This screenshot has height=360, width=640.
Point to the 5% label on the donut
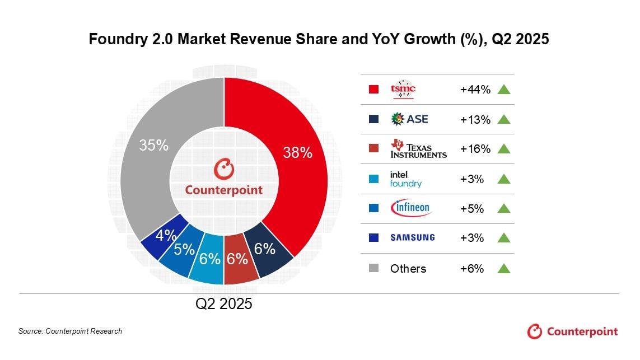tap(184, 250)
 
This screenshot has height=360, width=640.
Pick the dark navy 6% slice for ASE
tap(265, 249)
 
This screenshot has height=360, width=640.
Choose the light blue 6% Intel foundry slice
tap(209, 259)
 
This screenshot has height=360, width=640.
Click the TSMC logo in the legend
tap(403, 90)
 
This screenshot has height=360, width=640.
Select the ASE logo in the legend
tap(409, 119)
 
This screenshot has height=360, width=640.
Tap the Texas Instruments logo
tap(418, 148)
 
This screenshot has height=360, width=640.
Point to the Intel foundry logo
tap(406, 179)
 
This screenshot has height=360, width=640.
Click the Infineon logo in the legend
tap(410, 208)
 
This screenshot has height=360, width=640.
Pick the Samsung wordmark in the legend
tap(412, 237)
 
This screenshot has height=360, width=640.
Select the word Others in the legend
tap(408, 269)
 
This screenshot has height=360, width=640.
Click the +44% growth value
tap(475, 90)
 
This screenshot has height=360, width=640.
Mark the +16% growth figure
tap(475, 149)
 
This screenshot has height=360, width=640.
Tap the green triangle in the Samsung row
tap(504, 237)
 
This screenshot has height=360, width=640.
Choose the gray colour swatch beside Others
tap(375, 268)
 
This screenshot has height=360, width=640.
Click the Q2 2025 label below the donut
tap(224, 304)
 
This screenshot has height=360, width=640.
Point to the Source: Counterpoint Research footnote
tap(70, 331)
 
